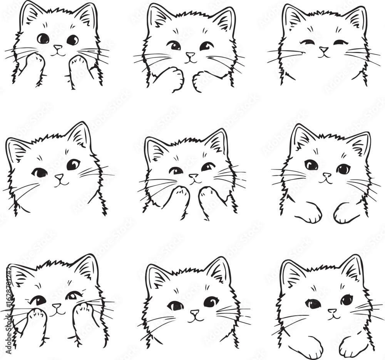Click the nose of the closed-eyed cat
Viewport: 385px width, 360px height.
click(x=324, y=50)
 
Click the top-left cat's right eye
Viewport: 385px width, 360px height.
click(x=72, y=40)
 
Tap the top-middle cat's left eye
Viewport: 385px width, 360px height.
click(x=175, y=46)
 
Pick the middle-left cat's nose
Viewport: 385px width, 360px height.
click(x=59, y=177)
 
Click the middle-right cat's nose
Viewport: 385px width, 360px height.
click(x=327, y=175)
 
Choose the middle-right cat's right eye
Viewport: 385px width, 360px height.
click(x=343, y=169)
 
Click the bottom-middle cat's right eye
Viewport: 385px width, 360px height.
click(x=211, y=302)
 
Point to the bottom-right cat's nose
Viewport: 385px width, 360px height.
click(x=332, y=311)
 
